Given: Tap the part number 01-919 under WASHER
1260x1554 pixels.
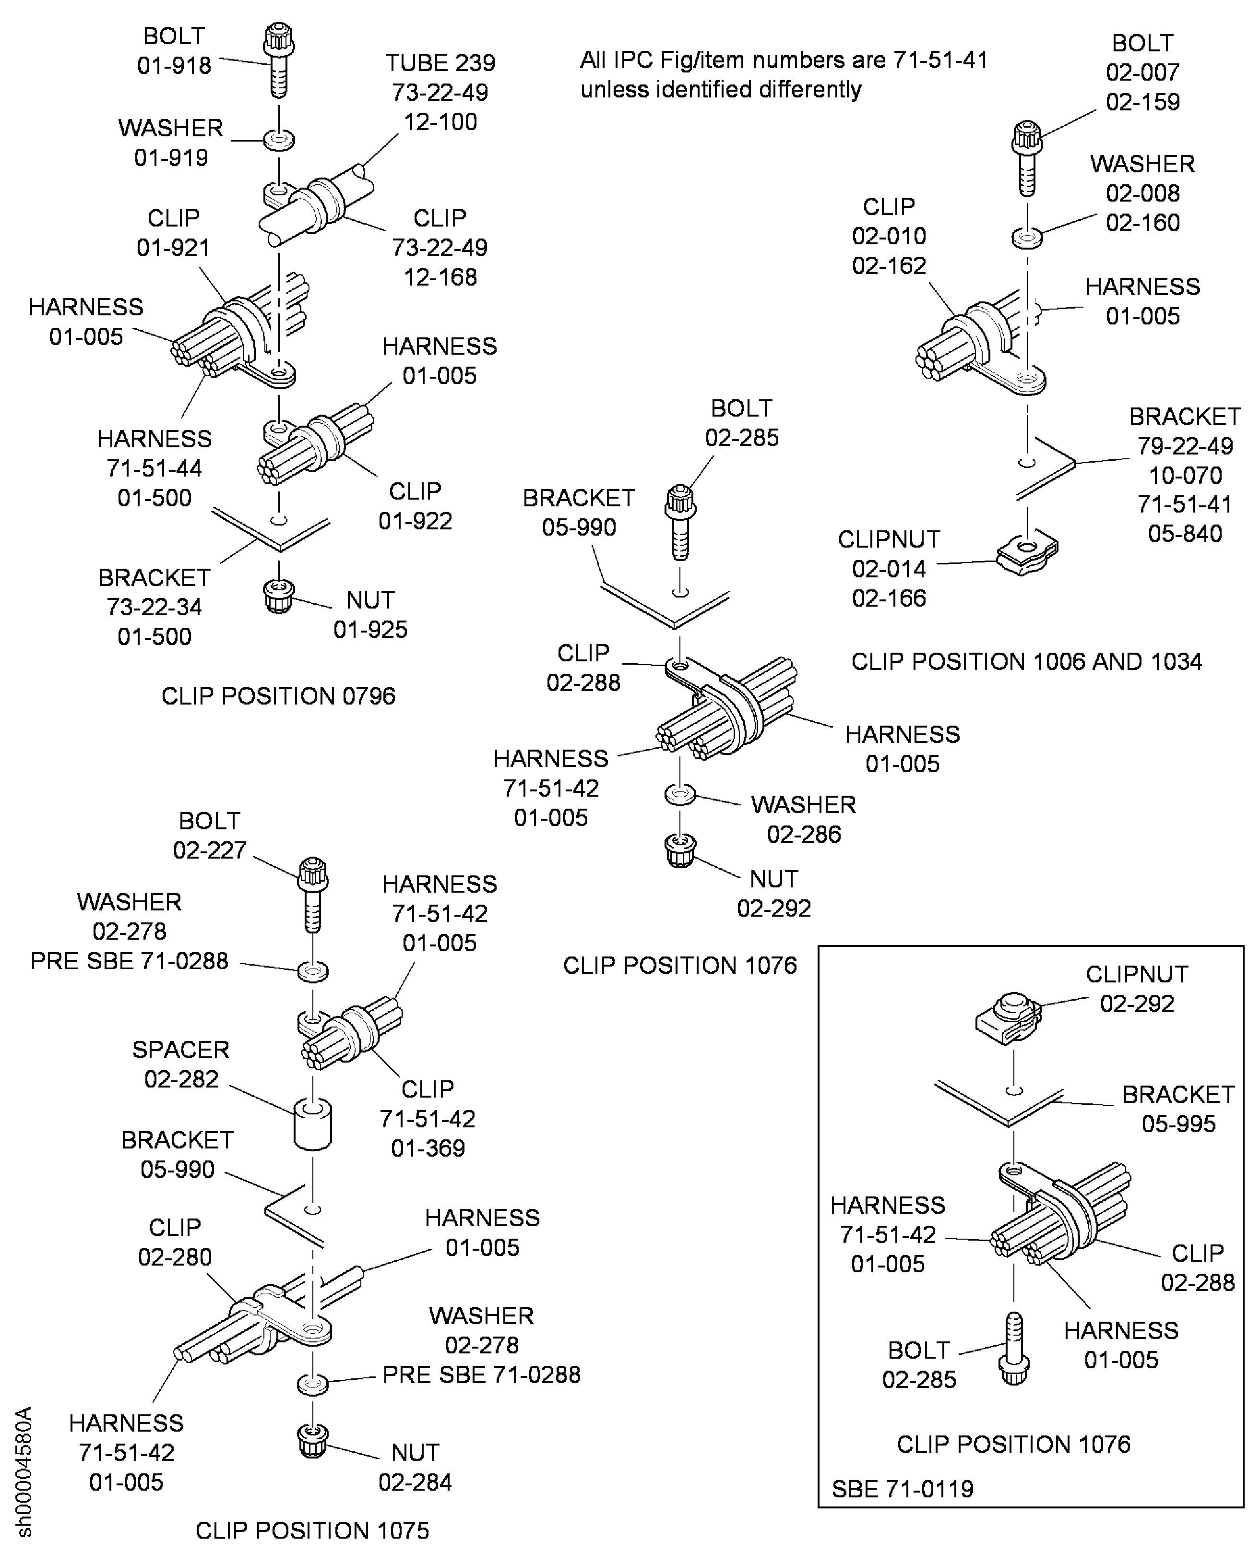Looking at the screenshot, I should [171, 157].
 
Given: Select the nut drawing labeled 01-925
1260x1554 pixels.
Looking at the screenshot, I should [279, 596].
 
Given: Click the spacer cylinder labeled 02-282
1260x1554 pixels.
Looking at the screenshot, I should [313, 1124].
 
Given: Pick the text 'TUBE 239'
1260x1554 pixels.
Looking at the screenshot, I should [440, 62].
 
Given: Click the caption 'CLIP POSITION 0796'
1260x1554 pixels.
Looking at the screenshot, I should [278, 696].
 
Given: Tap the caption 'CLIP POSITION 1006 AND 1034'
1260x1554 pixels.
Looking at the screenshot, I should [1026, 661].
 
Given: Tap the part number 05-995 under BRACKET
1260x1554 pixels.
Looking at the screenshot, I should [1178, 1124].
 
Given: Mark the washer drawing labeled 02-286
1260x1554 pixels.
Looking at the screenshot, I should [680, 794].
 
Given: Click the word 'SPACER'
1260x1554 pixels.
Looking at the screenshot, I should [181, 1050].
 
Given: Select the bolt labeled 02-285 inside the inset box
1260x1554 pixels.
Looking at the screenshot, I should [1015, 1349].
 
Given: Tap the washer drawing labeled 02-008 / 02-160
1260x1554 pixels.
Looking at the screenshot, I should [1027, 237].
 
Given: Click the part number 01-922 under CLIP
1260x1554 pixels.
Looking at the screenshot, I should [415, 520].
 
